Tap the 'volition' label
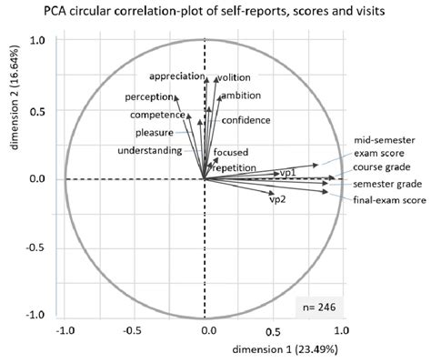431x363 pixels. click(233, 77)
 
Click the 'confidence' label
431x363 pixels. click(245, 120)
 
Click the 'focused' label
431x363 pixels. click(231, 152)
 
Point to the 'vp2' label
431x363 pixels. click(278, 198)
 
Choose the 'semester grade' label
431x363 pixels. click(382, 183)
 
